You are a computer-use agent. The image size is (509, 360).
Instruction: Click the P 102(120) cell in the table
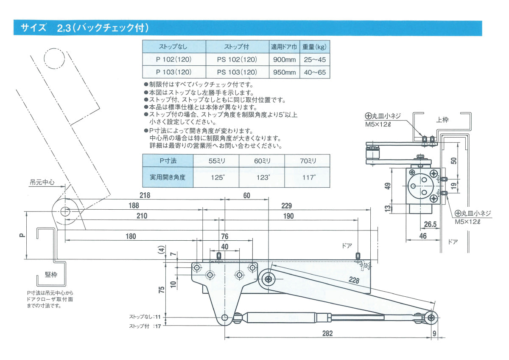174,60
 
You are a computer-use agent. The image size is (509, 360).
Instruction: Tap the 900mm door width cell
284,60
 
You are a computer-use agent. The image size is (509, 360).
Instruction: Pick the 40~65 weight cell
315,72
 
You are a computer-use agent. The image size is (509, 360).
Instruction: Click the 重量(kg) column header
314,47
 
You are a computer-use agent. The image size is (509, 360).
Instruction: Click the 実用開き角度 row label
168,177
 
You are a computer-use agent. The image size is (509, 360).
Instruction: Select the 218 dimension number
145,195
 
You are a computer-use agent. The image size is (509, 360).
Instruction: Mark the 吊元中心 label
42,182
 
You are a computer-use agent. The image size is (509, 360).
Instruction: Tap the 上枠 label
442,119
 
